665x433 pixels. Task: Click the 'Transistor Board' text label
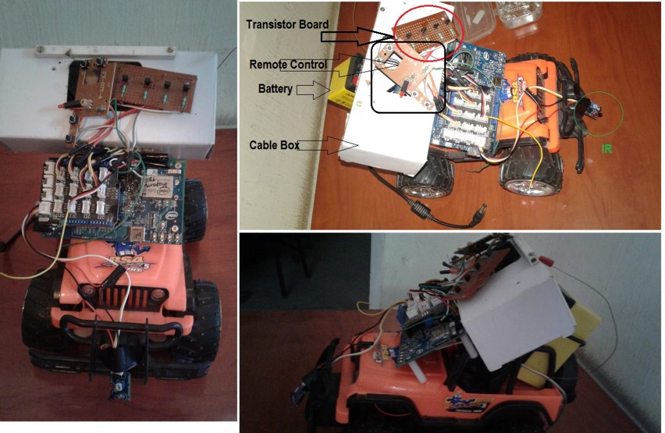[x=287, y=25]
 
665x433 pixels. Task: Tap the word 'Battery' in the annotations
[x=275, y=88]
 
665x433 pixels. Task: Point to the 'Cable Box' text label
[x=274, y=146]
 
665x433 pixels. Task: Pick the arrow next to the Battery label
[x=312, y=90]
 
